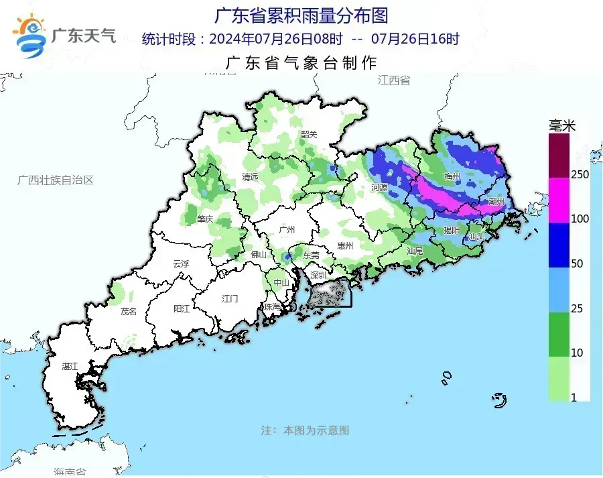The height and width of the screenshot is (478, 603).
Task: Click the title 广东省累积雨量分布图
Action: point(301,15)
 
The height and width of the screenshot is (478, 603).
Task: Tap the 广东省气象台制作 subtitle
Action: point(301,63)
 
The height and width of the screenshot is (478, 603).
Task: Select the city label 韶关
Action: point(309,134)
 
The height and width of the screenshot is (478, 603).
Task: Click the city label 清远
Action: point(250,178)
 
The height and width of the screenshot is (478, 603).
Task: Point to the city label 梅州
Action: point(452,177)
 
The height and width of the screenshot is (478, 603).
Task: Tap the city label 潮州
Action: point(496,201)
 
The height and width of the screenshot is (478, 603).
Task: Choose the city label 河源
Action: point(379,188)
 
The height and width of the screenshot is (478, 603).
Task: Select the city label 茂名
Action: point(129,312)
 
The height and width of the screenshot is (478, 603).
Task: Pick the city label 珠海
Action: point(272,306)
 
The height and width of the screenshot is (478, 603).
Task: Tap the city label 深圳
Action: point(318,275)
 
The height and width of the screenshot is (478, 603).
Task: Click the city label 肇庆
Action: point(205,219)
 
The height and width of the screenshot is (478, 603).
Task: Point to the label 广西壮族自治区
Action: point(54,180)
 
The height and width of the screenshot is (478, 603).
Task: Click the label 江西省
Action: point(393,80)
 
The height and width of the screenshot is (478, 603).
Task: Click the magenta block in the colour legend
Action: point(559,200)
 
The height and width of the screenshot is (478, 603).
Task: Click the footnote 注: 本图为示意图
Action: point(305,430)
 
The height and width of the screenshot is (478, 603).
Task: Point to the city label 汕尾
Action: point(414,251)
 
